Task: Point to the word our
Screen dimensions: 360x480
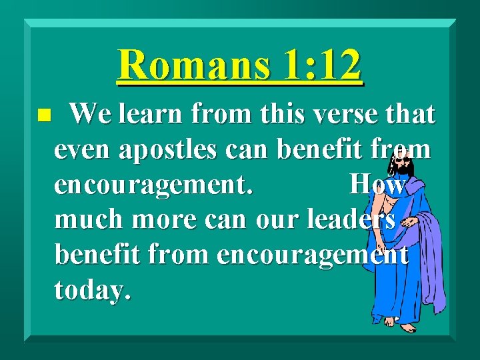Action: pyautogui.click(x=285, y=220)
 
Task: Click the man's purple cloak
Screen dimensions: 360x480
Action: pyautogui.click(x=431, y=253)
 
